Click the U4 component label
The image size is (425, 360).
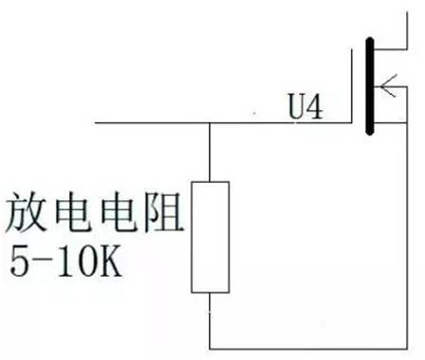[304, 109]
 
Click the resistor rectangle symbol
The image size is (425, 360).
[209, 236]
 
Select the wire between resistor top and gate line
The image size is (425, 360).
[209, 152]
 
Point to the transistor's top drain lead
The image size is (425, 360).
[409, 28]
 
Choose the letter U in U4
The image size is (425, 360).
[294, 109]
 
